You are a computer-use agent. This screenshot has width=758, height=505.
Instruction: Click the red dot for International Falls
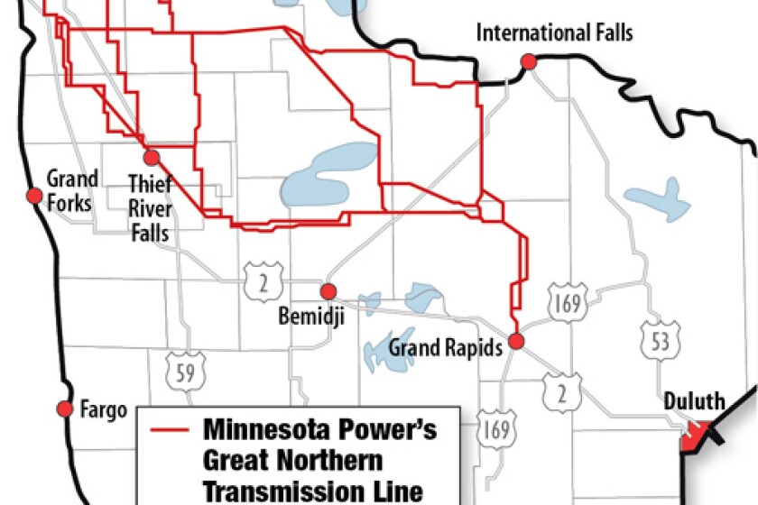point(528,61)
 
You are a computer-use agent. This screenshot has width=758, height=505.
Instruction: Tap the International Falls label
point(555,33)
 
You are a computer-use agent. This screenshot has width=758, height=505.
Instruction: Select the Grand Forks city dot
point(34,196)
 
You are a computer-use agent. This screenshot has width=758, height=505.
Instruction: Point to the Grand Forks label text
point(71,189)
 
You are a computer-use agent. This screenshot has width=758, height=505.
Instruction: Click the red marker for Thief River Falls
point(151,156)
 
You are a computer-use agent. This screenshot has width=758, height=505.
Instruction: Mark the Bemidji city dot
point(328,290)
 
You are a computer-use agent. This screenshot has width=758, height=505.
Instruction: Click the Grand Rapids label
point(445,347)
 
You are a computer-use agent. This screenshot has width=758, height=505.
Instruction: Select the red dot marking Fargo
point(64,409)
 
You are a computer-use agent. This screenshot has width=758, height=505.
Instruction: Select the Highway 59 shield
point(184,372)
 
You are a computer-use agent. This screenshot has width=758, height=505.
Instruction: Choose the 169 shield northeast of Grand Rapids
point(568,300)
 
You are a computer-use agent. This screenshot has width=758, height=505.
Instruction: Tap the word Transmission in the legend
point(263,491)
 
